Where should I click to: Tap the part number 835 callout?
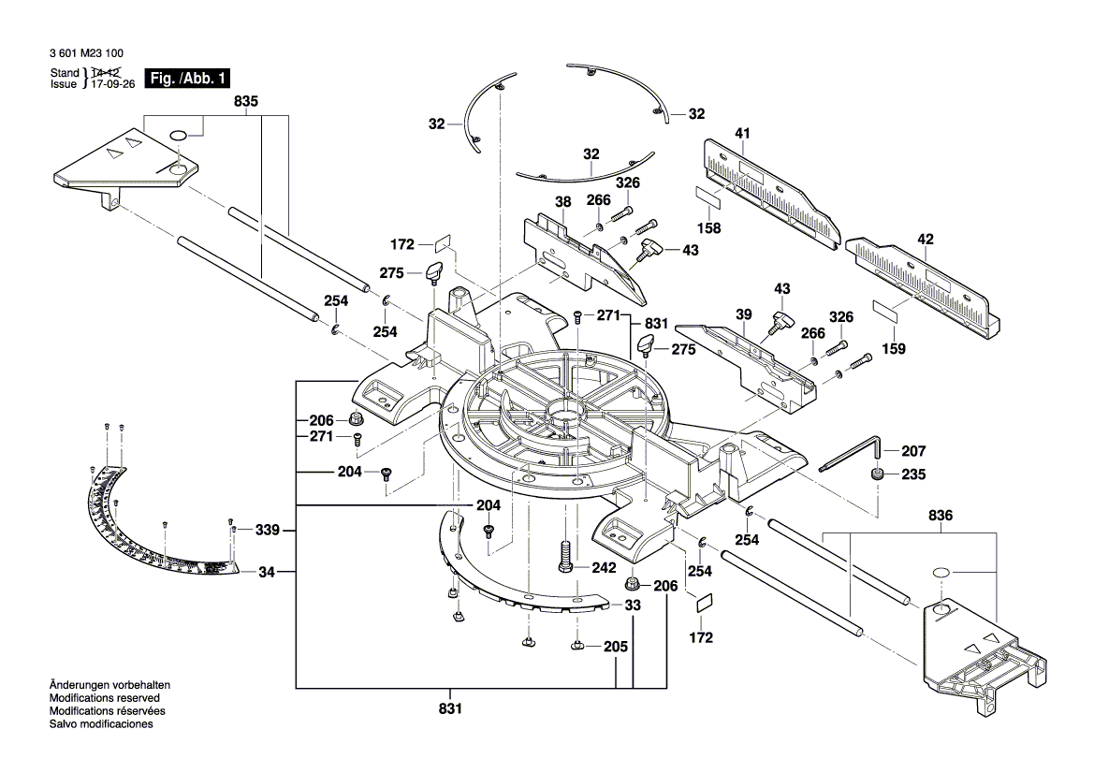pyautogui.click(x=247, y=100)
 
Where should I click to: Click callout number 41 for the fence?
pyautogui.click(x=742, y=134)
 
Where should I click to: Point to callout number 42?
pyautogui.click(x=926, y=239)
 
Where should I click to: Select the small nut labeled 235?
pyautogui.click(x=878, y=474)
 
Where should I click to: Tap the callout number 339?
pyautogui.click(x=267, y=530)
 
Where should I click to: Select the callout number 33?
pyautogui.click(x=633, y=605)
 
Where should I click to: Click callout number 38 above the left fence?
pyautogui.click(x=562, y=200)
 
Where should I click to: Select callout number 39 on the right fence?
pyautogui.click(x=743, y=317)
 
